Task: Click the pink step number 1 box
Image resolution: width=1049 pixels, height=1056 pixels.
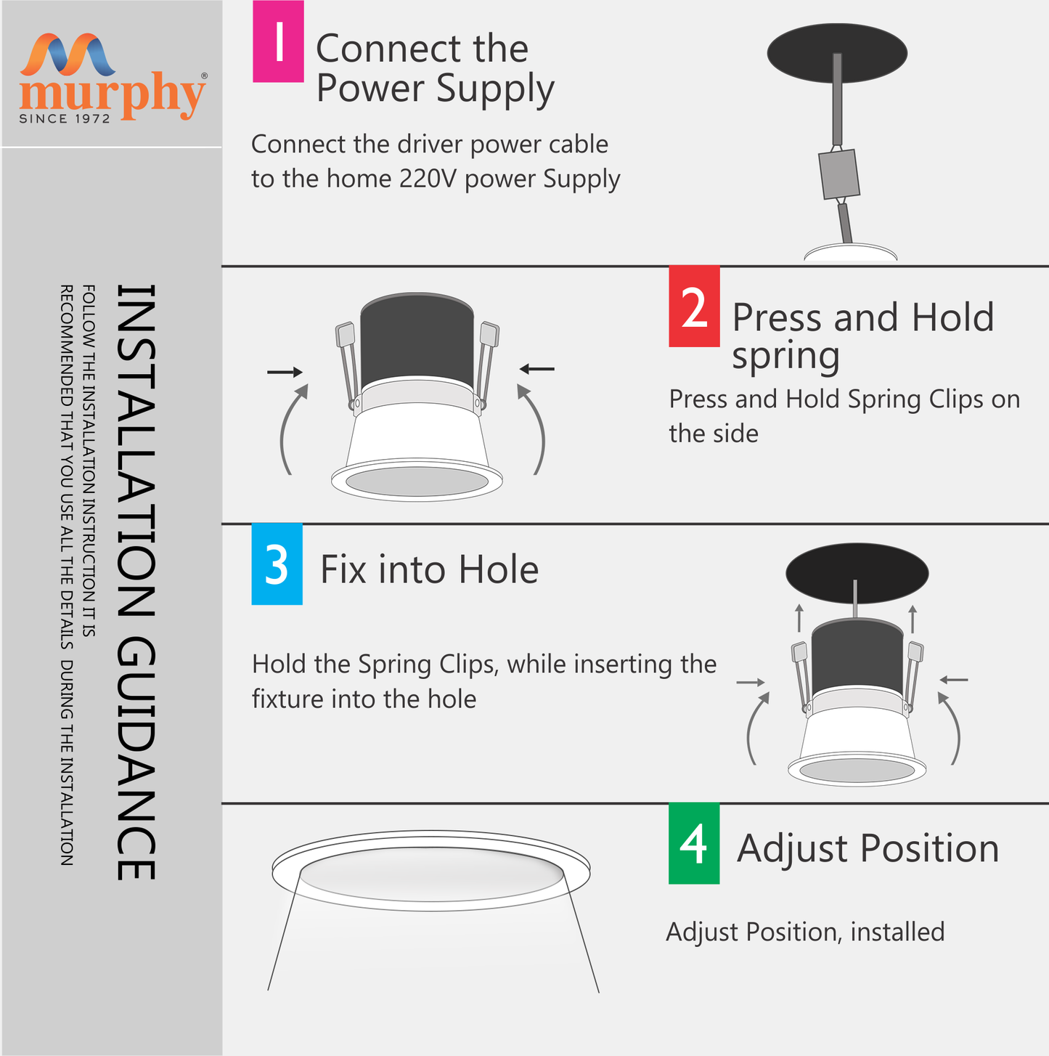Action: coord(278,41)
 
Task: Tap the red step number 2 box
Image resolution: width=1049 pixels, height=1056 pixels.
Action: coord(694,306)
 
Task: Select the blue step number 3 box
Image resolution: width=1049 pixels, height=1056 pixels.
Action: coord(277,564)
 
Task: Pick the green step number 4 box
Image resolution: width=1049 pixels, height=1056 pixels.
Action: coord(694,843)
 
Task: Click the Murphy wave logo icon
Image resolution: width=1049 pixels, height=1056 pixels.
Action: coord(68,54)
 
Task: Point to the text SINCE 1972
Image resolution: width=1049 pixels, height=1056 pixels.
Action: coord(65,118)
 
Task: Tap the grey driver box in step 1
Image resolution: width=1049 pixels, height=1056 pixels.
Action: coord(838,174)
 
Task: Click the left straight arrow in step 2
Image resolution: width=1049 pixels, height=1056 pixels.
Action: coord(285,372)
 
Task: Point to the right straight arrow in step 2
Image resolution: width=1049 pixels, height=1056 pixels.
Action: coord(536,369)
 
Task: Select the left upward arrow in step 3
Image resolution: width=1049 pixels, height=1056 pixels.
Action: coord(799,617)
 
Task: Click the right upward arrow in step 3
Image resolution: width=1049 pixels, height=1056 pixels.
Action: coord(912,619)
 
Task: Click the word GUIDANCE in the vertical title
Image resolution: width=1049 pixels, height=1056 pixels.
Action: coord(136,759)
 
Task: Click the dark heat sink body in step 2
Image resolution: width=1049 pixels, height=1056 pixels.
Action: coord(417,340)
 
